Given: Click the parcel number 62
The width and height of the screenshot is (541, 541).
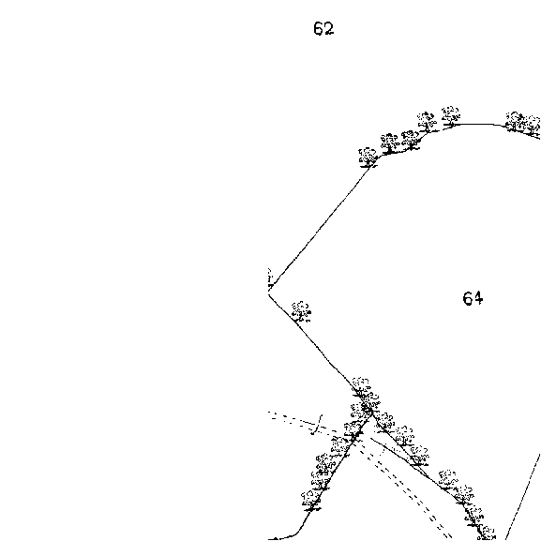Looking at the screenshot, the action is coord(323,29).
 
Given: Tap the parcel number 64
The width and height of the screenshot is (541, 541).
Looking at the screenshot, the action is coord(473,298).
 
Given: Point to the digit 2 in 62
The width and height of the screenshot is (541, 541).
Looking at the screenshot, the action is coord(329,29).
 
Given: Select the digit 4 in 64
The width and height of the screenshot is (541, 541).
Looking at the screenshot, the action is coord(478,298).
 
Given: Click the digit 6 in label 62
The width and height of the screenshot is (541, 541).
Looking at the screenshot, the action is coord(319,29).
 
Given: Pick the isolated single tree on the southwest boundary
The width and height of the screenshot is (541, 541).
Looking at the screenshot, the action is coord(301,312).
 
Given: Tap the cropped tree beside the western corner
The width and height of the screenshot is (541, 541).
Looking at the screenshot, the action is coord(270,278).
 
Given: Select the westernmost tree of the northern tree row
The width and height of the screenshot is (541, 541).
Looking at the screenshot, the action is coord(368,158).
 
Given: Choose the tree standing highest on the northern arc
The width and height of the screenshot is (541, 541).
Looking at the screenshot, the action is coord(451,116).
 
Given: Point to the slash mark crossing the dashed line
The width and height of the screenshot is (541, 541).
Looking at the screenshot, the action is coord(318,425).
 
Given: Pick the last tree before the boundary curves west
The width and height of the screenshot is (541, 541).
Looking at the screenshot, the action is coord(311,501).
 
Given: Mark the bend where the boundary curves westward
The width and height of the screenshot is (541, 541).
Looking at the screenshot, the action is coord(300,530).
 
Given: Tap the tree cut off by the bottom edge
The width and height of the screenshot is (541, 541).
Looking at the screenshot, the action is coord(487,533).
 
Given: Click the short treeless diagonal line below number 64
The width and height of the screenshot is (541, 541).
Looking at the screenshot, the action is coord(523,497).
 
